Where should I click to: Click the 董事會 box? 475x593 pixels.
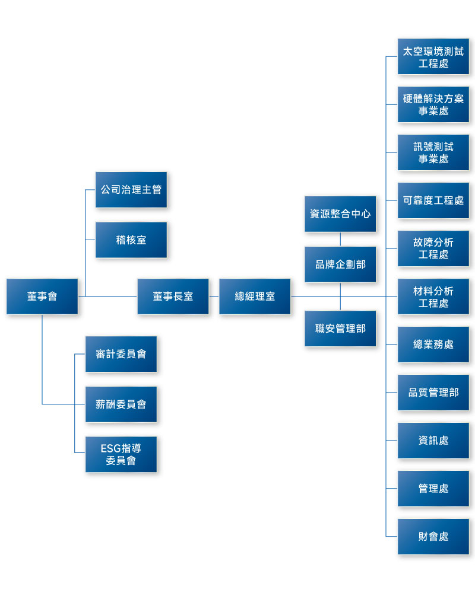(x=42, y=296)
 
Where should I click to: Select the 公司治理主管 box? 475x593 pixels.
(x=131, y=190)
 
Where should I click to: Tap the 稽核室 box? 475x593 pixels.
(x=131, y=240)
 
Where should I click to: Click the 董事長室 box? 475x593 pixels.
(x=173, y=296)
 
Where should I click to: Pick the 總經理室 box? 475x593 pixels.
(x=255, y=296)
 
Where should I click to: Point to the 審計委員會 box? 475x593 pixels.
(x=121, y=354)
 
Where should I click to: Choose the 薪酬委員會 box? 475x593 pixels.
(x=121, y=404)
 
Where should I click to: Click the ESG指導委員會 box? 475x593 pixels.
(x=121, y=455)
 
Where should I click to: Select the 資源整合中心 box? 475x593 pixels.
(x=340, y=214)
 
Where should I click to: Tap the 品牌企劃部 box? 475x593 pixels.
(x=340, y=264)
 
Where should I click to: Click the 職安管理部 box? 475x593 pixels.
(x=340, y=329)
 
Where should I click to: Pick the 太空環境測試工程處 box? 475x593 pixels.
(x=433, y=56)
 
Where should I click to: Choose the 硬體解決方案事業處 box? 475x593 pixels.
(x=433, y=104)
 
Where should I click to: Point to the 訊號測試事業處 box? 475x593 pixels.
(x=433, y=152)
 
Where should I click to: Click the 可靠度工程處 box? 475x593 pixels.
(x=433, y=200)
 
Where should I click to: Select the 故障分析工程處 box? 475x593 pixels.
(x=433, y=248)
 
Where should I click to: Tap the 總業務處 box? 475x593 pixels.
(x=433, y=345)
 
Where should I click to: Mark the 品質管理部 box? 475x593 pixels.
(x=433, y=393)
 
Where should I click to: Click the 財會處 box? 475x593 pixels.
(x=433, y=537)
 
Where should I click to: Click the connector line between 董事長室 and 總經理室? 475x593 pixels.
(x=214, y=296)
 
